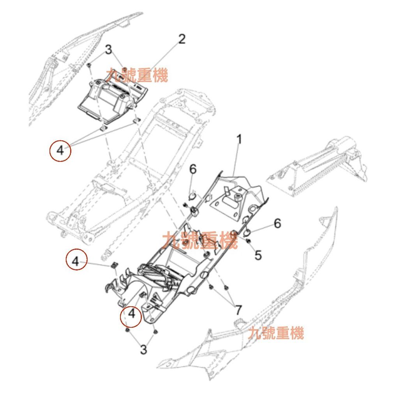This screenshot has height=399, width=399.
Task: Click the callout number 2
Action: [182, 39]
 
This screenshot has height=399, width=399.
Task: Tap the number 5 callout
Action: [258, 255]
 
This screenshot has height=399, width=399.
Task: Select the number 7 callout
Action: [238, 311]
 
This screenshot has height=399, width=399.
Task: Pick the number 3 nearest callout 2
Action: [108, 50]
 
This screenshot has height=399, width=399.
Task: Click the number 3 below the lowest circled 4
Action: [144, 350]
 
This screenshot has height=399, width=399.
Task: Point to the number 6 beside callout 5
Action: [277, 223]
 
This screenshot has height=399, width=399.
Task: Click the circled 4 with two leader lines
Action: [60, 150]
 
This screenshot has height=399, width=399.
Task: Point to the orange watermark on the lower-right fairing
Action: [276, 334]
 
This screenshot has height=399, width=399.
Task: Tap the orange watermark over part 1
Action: [199, 240]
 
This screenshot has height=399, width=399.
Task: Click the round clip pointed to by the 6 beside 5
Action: [247, 233]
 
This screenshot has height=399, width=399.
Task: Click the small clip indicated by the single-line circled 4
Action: [114, 265]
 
